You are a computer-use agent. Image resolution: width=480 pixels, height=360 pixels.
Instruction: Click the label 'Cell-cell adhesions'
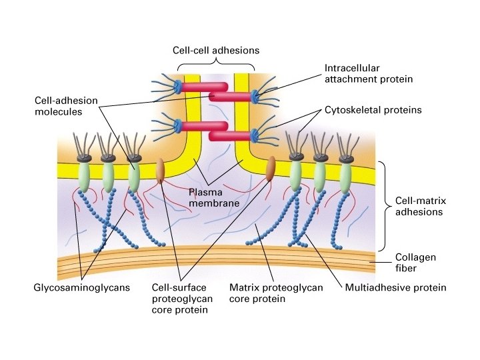(215, 50)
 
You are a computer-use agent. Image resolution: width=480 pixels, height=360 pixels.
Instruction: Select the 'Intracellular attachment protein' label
(369, 73)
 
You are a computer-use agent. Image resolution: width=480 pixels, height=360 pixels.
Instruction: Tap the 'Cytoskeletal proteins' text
(373, 110)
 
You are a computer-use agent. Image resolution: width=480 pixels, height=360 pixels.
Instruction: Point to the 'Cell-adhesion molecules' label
(66, 107)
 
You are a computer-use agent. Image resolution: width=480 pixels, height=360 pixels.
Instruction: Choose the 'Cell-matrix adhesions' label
(419, 206)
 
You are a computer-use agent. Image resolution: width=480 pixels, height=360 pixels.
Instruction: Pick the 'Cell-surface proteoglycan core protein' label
(182, 299)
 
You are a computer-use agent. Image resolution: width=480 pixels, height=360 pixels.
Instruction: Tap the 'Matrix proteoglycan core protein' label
(276, 293)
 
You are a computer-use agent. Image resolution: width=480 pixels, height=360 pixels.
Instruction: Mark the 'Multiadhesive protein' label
(395, 288)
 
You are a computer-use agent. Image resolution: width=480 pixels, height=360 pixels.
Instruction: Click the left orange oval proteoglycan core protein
(160, 171)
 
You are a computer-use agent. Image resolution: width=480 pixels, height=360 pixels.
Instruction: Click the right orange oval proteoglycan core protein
(271, 169)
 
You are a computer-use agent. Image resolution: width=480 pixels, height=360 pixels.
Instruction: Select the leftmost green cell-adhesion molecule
(84, 177)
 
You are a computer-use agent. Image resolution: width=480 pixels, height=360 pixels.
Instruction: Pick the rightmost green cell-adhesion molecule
(345, 177)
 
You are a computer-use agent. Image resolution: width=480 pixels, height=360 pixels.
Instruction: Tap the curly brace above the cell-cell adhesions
(215, 65)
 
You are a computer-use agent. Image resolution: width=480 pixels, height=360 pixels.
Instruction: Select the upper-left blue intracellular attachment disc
(178, 87)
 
